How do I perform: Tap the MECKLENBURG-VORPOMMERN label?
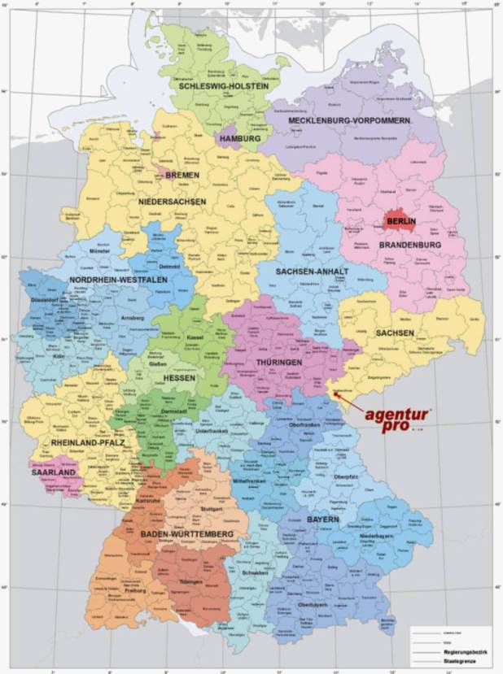350,120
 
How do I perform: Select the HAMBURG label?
239,139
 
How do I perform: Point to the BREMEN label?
182,175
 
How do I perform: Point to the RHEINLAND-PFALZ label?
83,444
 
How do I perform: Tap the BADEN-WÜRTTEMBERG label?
186,533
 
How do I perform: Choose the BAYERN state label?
325,520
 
